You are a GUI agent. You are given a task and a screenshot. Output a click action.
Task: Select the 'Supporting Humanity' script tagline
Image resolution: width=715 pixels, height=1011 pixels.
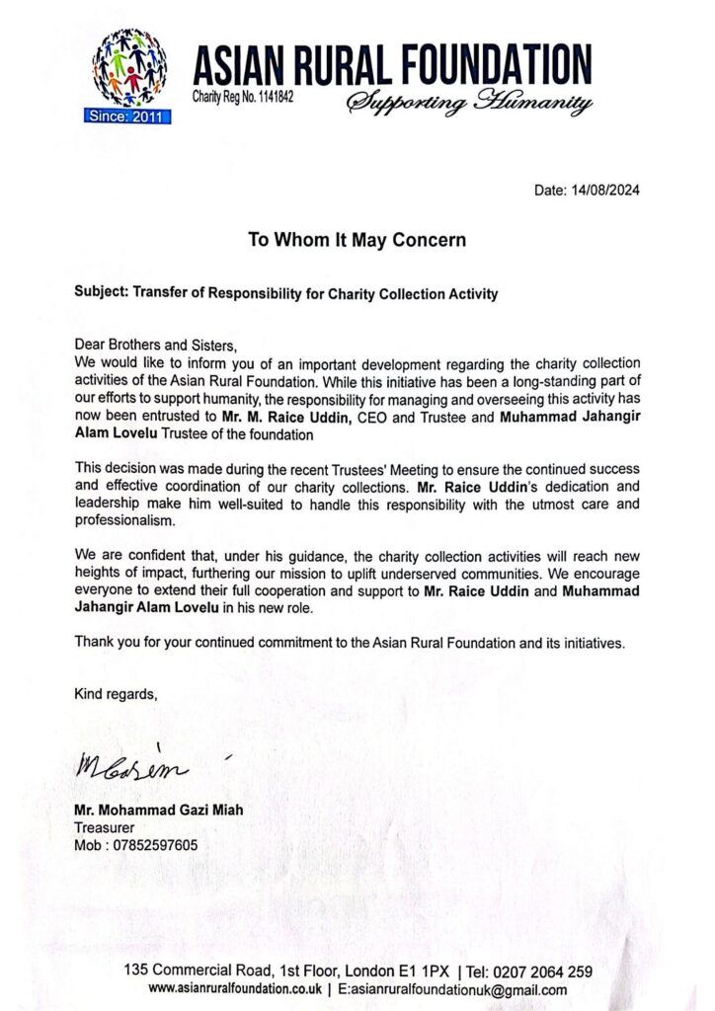point(469,103)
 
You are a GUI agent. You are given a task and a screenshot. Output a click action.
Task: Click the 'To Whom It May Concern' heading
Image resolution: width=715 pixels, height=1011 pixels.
point(356,240)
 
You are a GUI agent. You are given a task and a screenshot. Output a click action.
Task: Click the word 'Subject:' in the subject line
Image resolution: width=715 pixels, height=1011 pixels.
point(104,293)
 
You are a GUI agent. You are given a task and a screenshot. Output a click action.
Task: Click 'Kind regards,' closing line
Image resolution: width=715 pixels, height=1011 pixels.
point(116,695)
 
